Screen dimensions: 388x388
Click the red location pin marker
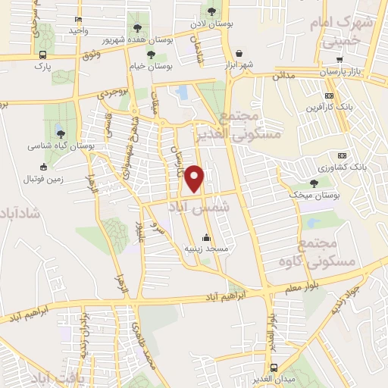coord(196,178)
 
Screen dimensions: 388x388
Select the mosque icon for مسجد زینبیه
coord(207,238)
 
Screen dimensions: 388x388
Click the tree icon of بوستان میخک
coord(314,183)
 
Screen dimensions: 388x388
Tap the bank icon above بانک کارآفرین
coord(328,96)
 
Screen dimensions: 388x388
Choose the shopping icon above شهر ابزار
coord(239,54)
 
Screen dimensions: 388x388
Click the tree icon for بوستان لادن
coord(211,11)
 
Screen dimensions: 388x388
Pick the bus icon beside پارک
coord(42,55)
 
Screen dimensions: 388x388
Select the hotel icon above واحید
coord(79,19)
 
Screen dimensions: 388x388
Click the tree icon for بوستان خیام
coord(152,55)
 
